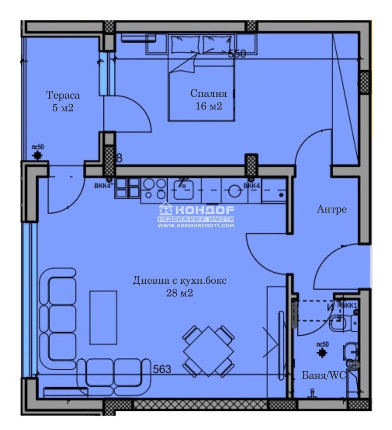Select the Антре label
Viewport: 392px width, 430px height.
[332, 210]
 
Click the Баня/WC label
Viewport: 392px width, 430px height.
[324, 375]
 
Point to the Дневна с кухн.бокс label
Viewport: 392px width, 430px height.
[180, 281]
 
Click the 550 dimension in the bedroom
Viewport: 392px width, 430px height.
[237, 54]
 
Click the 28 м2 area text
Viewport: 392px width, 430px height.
[180, 294]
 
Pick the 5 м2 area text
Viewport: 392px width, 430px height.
[63, 108]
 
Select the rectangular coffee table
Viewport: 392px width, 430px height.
[103, 317]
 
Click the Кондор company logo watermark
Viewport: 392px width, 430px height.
[196, 210]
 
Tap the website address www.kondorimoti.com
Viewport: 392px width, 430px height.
[196, 225]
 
